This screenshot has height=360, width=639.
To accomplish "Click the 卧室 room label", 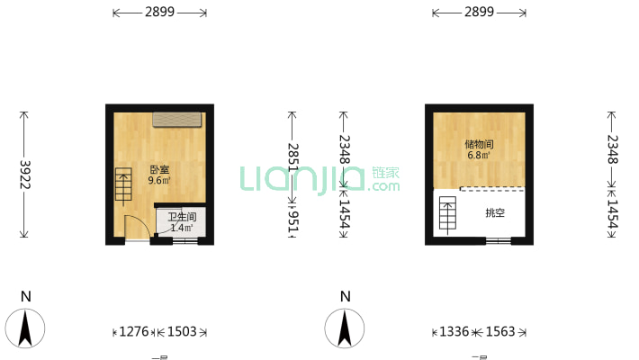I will coord(159,169).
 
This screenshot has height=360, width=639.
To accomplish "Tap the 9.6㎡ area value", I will coord(159,180).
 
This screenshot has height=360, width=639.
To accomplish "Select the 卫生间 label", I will coord(182,217).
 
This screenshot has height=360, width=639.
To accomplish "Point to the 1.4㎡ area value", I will coord(182,228).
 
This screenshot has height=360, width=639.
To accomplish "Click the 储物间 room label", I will coord(479,143).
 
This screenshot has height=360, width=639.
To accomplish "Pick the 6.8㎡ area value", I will coord(479,155).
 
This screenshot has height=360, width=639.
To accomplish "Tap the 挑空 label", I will coord(494,213).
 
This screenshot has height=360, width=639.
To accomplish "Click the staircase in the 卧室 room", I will coord(123,185).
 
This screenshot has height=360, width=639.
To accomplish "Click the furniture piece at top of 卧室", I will coord(177,119).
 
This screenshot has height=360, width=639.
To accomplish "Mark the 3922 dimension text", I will coord(24,175).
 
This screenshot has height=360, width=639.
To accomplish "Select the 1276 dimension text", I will coord(135,332).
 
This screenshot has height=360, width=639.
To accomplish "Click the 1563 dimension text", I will coord(500,332).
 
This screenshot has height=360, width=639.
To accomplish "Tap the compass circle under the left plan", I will coord(27,328).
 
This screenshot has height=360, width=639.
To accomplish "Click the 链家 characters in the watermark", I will coord(385,172).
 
